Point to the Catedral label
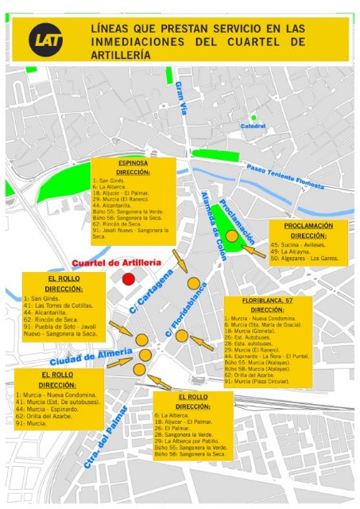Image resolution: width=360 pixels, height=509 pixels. coord(253,126)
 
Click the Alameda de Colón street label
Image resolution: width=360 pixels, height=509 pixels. coord(213,220)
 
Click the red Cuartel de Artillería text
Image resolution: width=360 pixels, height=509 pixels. coord(117,262)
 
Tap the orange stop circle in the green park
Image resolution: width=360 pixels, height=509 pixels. coord(231,236)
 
